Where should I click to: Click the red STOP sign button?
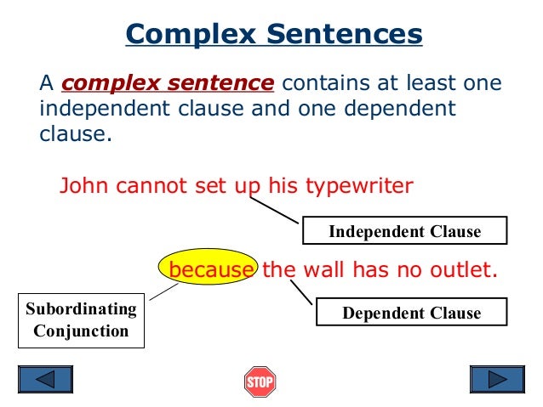pos(260,382)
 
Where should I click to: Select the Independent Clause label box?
pos(404,231)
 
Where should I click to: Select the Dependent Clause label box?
pos(411,313)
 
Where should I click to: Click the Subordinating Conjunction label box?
pos(81,319)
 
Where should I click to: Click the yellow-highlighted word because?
pos(210,270)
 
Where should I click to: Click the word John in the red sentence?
pos(80,185)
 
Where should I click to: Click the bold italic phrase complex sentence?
pos(168,84)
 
